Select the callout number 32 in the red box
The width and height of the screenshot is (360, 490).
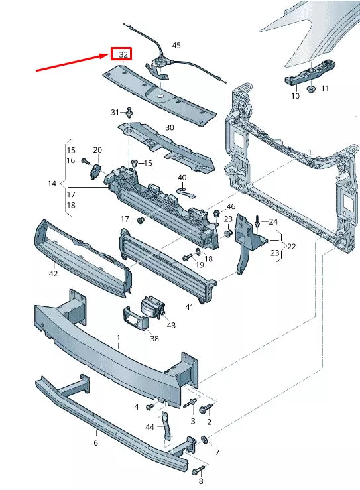(x=122, y=54)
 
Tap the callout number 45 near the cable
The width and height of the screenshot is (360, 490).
(x=176, y=46)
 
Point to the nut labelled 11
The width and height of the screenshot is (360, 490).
(x=310, y=88)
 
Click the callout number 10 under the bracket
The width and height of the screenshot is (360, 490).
(x=295, y=96)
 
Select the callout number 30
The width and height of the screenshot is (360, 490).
(x=170, y=127)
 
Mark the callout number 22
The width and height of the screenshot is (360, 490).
(x=292, y=246)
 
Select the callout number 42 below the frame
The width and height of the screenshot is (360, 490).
(x=54, y=273)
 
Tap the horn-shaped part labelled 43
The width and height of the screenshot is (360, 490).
(x=151, y=308)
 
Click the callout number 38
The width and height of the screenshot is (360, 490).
(x=154, y=338)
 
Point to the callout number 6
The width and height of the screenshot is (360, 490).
(x=95, y=442)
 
